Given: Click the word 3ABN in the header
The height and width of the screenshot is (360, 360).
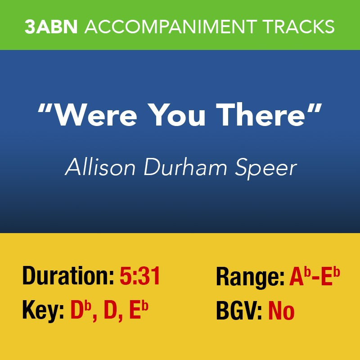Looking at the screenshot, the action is coord(51,27).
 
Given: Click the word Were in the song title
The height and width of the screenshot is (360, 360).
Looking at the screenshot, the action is coord(96,115).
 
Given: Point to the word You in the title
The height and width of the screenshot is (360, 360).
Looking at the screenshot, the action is coord(179,115).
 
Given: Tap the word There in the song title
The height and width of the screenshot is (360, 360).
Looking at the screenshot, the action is coord(261,115).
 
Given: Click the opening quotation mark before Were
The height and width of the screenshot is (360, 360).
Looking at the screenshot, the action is coord(46,108).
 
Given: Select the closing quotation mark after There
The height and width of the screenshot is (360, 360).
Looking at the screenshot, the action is coord(314,108).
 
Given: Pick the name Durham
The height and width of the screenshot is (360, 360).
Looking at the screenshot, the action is coord(185,166).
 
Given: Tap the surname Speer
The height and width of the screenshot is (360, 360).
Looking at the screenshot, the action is coord(266,168).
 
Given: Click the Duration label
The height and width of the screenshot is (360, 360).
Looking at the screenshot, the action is coord(68,276).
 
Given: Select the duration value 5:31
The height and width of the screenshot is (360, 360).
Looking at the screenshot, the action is coord(140,276).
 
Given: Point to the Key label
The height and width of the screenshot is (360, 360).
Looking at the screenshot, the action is coord(43,311).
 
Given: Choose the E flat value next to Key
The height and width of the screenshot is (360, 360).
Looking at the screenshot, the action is coord(139,310).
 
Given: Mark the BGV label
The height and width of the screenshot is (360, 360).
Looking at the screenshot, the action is coord(239,311).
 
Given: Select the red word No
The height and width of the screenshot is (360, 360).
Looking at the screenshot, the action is coord(282,311).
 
